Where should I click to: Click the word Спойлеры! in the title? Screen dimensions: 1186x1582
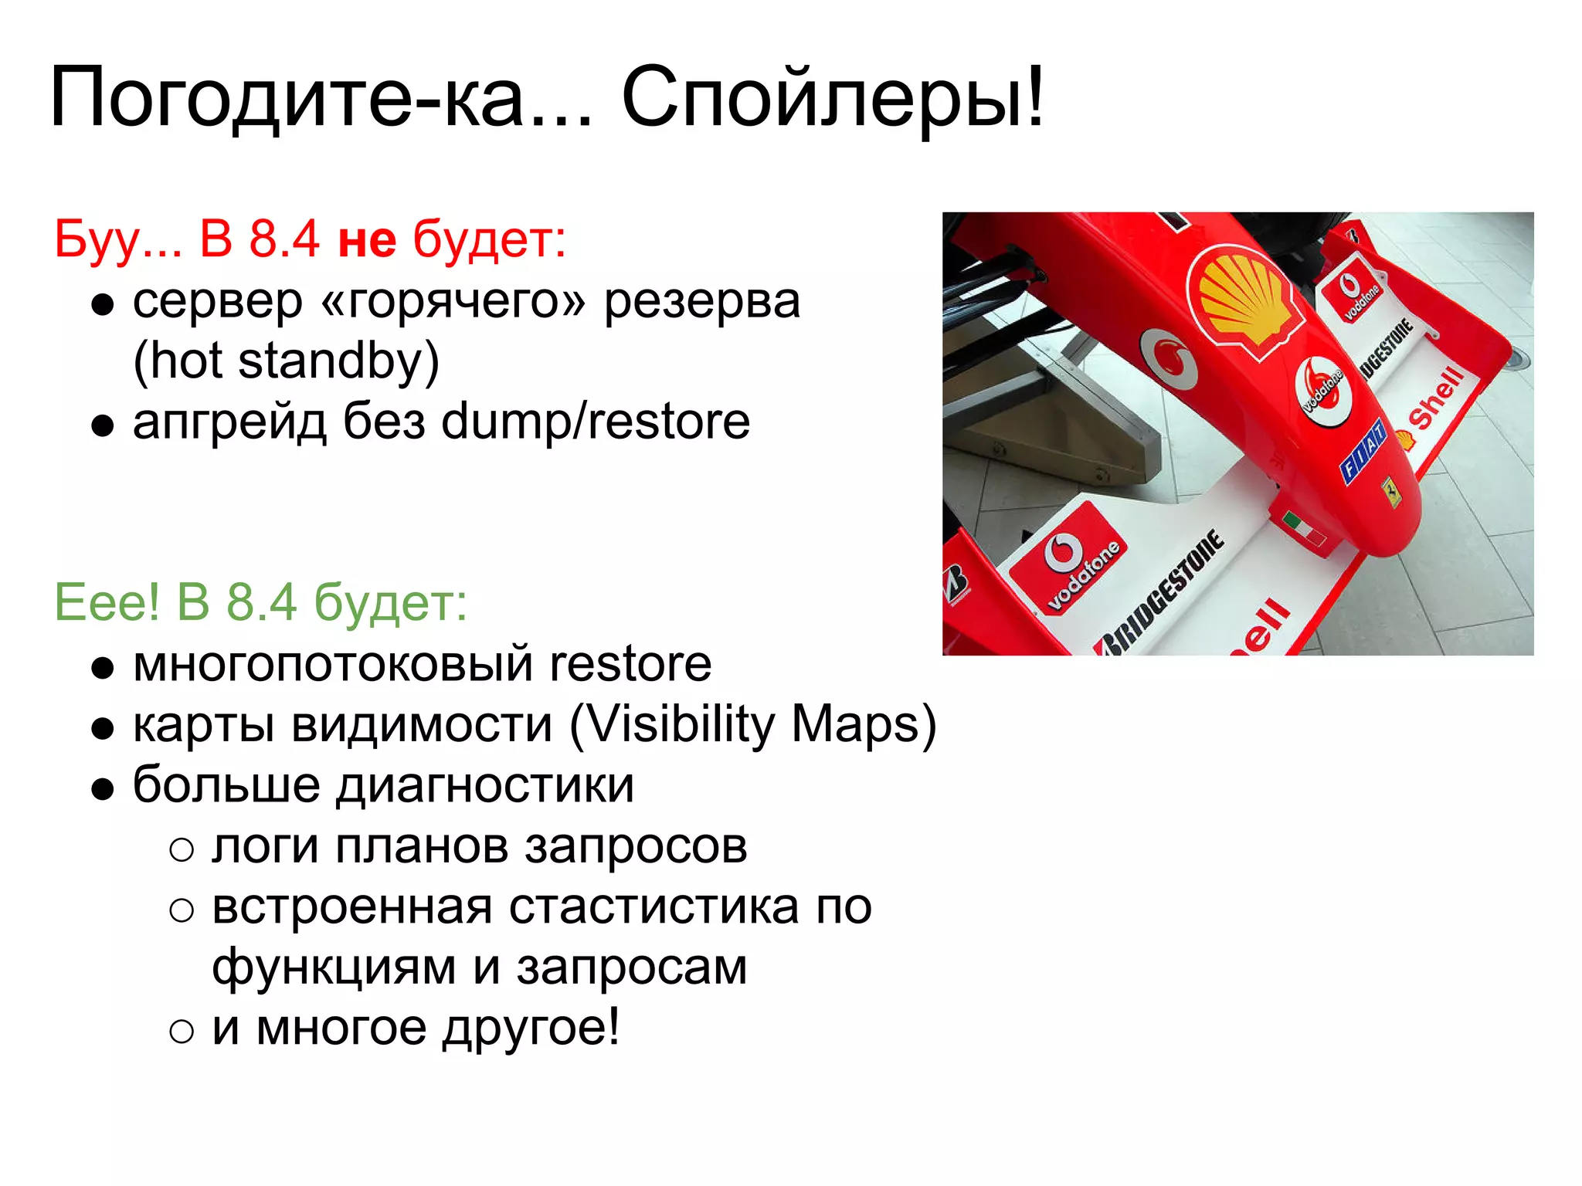click(x=833, y=98)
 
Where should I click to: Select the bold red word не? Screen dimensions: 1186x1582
click(x=368, y=239)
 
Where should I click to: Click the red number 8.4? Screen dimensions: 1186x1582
click(x=283, y=239)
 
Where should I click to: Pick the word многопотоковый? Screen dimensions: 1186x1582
click(x=332, y=664)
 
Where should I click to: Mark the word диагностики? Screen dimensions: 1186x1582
click(x=485, y=785)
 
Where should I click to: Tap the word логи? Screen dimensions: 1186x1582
click(x=265, y=846)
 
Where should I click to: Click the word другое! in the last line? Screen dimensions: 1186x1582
click(x=531, y=1028)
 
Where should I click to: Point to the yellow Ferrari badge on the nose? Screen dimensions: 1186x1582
click(x=1391, y=492)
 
